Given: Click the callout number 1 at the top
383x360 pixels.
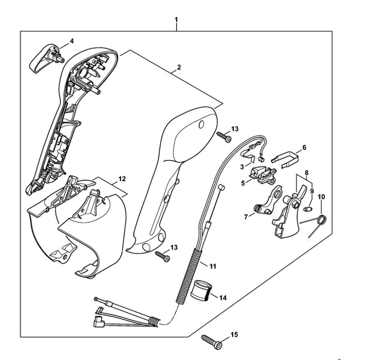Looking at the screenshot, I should tap(176, 20).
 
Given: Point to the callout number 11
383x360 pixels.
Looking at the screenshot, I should tap(213, 266).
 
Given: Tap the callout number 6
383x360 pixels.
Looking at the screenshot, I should tap(304, 148).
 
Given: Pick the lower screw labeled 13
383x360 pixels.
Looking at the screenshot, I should tap(162, 255).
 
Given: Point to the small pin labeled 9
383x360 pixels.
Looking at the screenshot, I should tap(307, 208).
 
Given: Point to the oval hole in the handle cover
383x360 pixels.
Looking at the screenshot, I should tap(201, 125).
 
